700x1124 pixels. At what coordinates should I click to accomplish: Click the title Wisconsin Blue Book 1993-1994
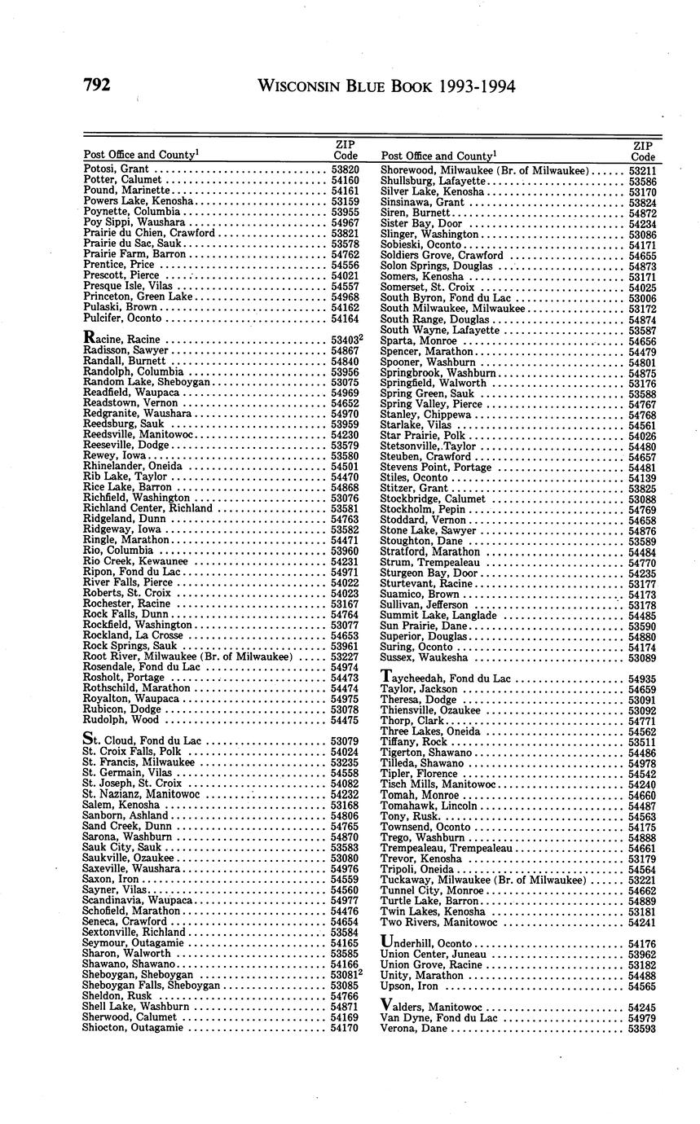coord(385,87)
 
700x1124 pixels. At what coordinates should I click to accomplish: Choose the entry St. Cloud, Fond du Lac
coord(142,740)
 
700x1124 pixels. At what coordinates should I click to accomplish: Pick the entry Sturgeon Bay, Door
coord(429,573)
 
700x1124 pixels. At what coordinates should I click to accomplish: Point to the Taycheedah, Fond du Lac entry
coord(445,678)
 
